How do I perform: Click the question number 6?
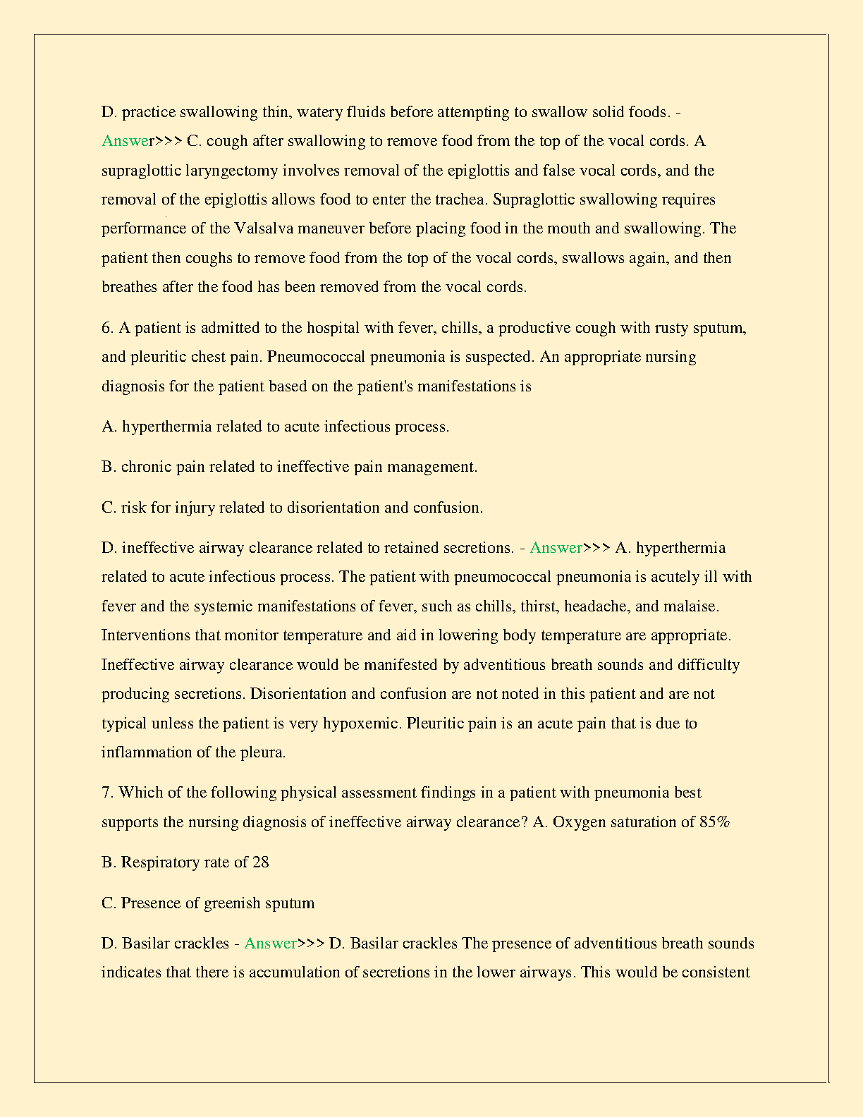[x=107, y=328]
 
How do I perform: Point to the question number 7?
[x=107, y=793]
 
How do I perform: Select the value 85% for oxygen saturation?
[x=714, y=822]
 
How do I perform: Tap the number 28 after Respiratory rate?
[x=260, y=862]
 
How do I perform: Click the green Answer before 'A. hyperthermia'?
[x=556, y=548]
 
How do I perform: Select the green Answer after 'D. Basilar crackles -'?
[x=270, y=944]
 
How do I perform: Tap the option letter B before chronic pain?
[x=108, y=467]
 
